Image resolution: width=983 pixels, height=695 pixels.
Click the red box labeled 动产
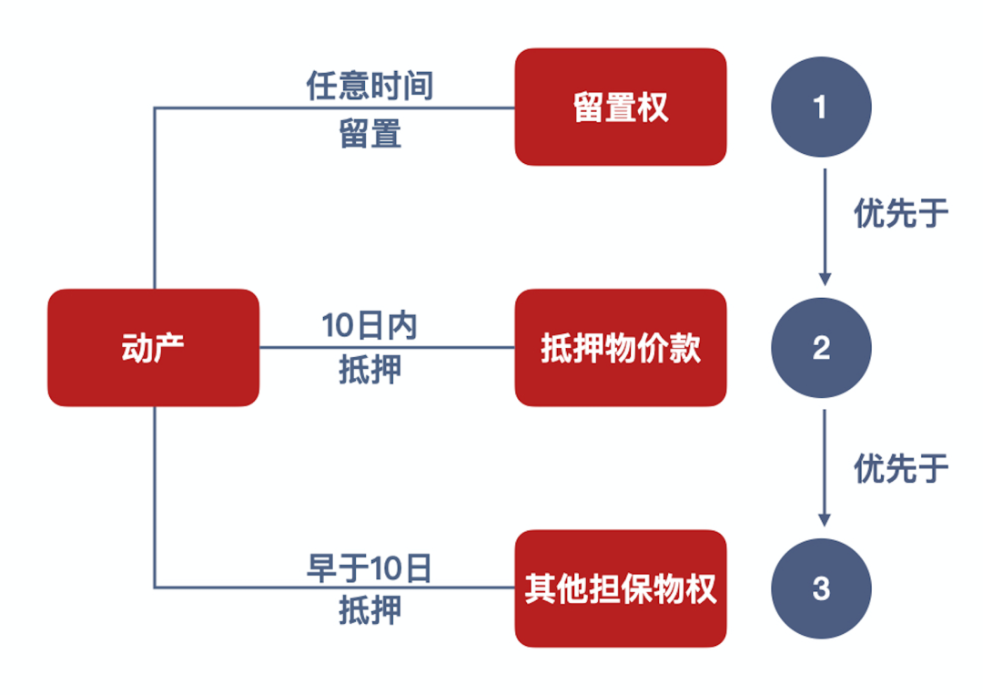click(x=153, y=348)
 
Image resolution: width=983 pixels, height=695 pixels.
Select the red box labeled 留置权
click(x=620, y=107)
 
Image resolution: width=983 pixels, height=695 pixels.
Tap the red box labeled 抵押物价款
click(x=620, y=348)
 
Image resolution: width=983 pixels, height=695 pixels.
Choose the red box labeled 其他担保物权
click(x=620, y=588)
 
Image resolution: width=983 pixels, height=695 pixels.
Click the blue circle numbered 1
click(x=821, y=107)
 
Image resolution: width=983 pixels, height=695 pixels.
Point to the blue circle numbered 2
click(x=821, y=348)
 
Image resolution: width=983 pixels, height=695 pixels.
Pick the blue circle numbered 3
click(x=821, y=588)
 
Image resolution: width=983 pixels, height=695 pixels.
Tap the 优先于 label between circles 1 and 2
click(x=900, y=214)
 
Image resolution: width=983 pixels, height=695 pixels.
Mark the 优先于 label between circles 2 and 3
click(x=900, y=468)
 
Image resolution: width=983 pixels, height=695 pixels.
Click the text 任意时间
click(x=370, y=87)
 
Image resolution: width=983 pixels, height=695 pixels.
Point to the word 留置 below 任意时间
click(x=370, y=135)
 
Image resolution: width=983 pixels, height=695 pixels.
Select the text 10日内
click(x=370, y=326)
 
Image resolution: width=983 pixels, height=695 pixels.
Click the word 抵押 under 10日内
click(x=370, y=371)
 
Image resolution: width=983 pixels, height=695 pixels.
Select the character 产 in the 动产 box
click(x=169, y=348)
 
